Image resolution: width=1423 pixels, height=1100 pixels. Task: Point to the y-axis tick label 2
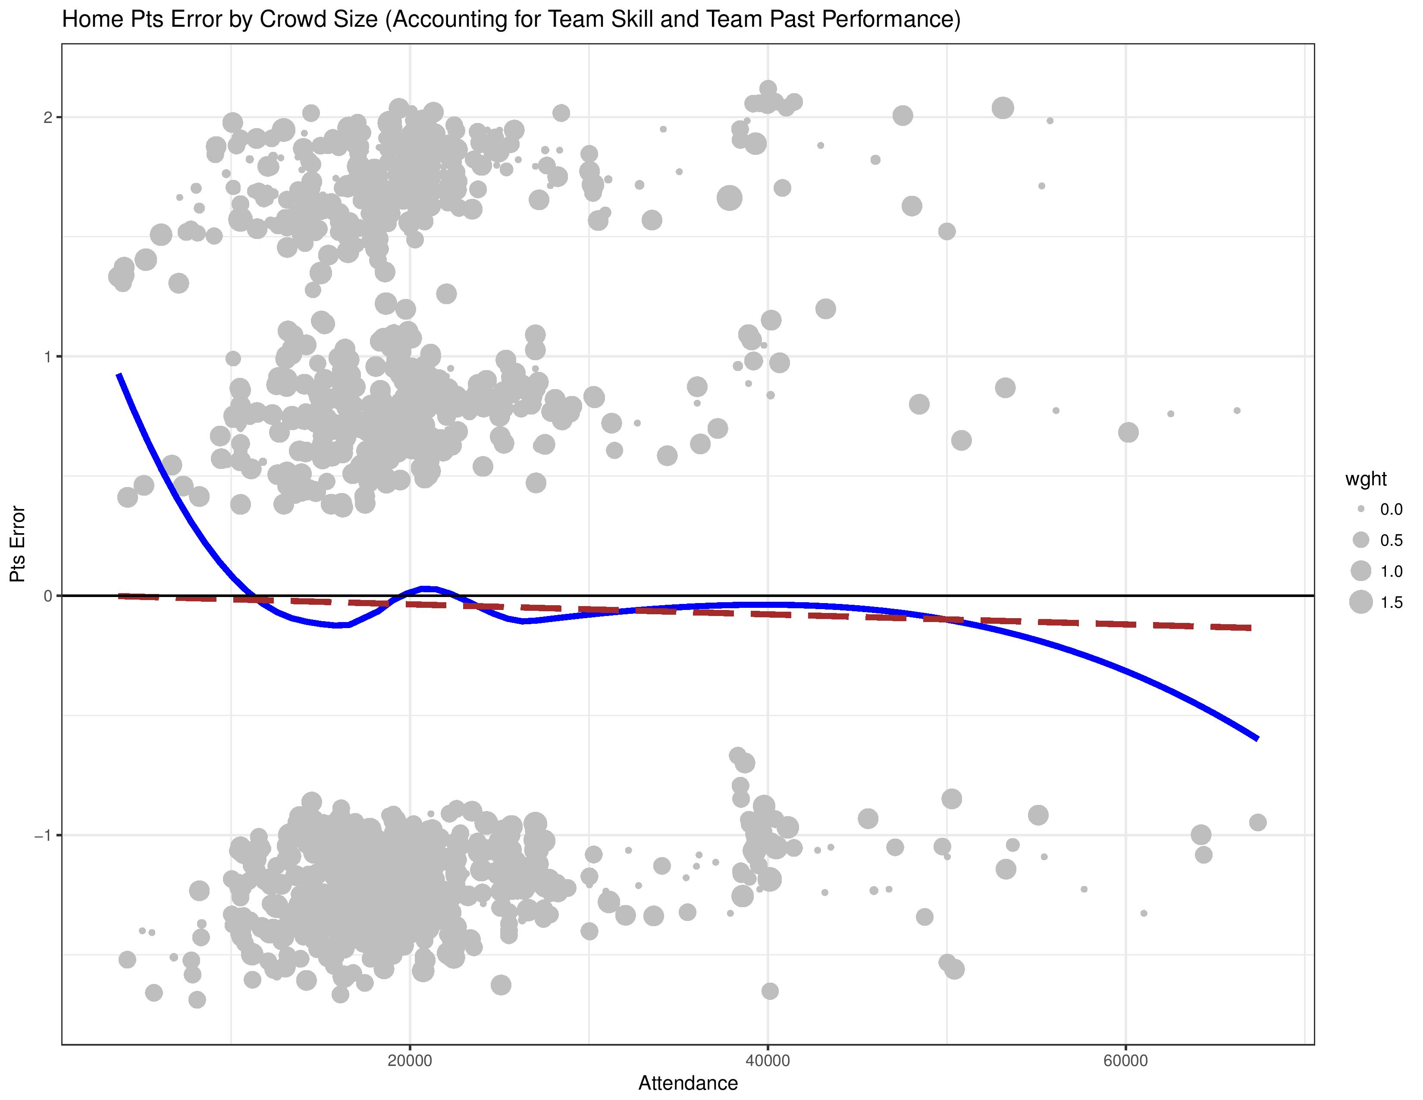[x=47, y=117]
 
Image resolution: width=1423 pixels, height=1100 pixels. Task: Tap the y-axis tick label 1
[x=47, y=356]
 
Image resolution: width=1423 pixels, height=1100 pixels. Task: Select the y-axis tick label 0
[x=47, y=596]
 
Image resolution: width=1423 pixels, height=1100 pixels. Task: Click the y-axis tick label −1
[x=43, y=835]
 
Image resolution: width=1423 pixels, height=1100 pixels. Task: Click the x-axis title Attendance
[x=688, y=1083]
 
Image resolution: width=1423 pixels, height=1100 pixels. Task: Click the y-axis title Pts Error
[x=18, y=544]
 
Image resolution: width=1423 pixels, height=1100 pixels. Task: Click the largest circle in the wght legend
[x=1361, y=602]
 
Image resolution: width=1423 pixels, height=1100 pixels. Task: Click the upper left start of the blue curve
[x=119, y=375]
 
